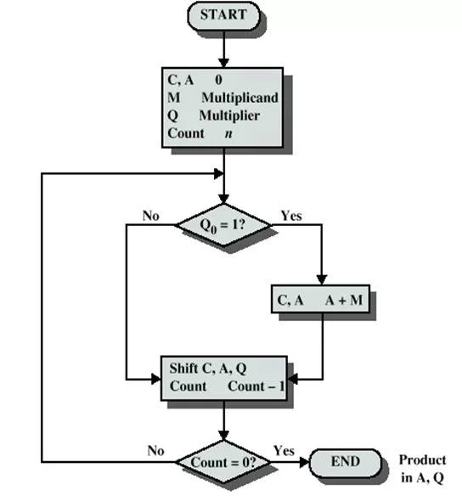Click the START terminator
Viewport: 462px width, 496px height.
(223, 16)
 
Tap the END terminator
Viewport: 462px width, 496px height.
(345, 462)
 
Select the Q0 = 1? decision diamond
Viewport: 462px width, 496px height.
(223, 225)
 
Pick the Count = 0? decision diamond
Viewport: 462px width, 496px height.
(223, 462)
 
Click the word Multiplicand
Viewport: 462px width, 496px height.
(240, 98)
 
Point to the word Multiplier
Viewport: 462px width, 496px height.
(229, 116)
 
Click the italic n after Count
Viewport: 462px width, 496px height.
(228, 133)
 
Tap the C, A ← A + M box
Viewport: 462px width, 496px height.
(320, 299)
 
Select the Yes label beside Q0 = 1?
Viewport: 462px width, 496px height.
(291, 216)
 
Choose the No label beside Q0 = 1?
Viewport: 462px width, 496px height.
(150, 216)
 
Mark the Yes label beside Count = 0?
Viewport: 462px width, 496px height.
(284, 450)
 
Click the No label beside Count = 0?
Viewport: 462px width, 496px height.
(155, 450)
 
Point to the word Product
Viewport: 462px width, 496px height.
(422, 460)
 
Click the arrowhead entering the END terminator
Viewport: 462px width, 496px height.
(304, 462)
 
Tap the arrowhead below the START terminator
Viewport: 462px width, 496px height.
(223, 63)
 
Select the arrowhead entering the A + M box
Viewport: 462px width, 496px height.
(322, 280)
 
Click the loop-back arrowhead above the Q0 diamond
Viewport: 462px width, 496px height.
(219, 173)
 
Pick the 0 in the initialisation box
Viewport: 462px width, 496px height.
(218, 80)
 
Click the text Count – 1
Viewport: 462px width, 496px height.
(256, 386)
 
